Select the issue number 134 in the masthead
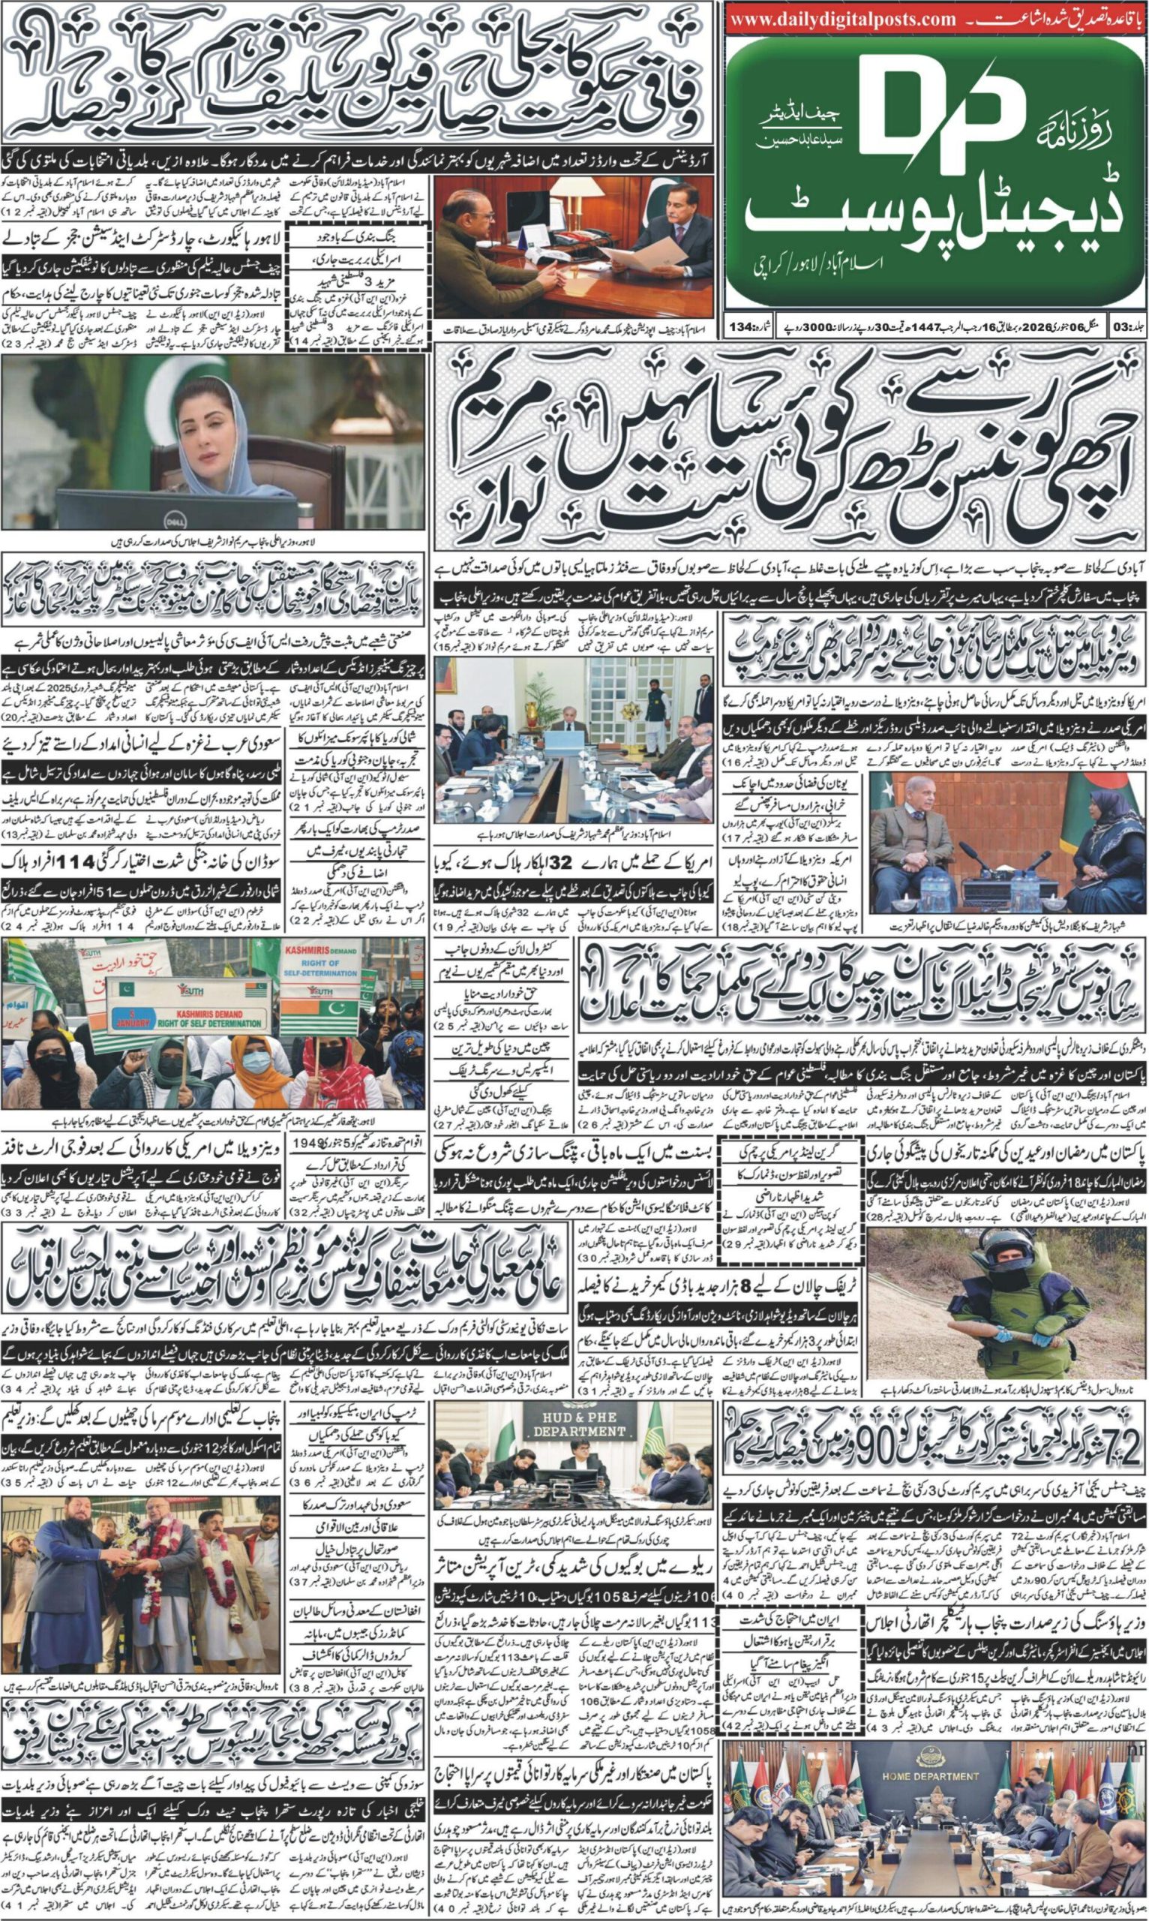pyautogui.click(x=739, y=326)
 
